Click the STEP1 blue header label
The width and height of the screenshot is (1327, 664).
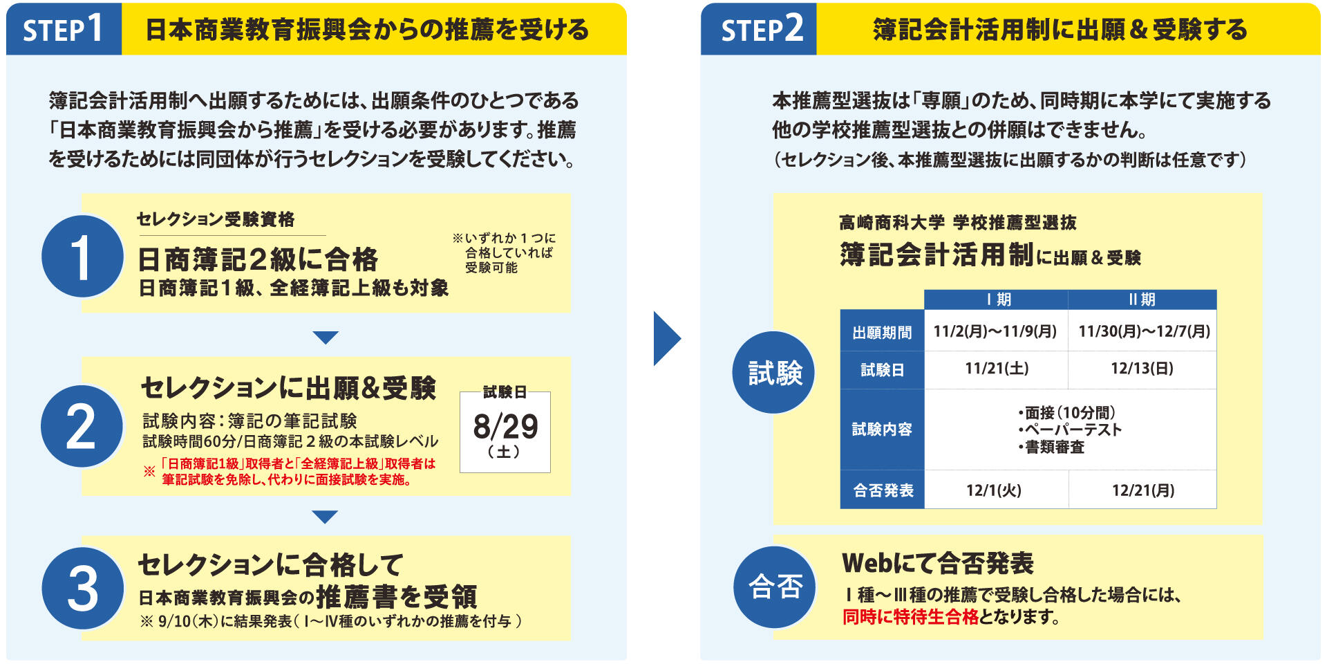64,29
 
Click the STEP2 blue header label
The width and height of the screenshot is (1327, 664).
759,29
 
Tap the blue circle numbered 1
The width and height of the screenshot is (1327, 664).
82,257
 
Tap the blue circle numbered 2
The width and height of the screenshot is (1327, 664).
82,426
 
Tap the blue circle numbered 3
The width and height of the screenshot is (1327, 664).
82,589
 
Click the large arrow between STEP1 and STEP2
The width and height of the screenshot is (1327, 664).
666,338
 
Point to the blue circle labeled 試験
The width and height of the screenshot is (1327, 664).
773,373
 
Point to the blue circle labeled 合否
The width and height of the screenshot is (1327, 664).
775,587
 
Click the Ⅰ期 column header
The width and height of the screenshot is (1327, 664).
996,299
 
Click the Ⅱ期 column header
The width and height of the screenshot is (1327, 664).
1142,299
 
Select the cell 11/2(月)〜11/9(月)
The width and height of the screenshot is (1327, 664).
995,331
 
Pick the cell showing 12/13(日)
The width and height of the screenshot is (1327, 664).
1142,369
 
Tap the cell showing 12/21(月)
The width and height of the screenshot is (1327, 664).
1142,490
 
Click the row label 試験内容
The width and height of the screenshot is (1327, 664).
882,430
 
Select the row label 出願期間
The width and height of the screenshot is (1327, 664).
882,333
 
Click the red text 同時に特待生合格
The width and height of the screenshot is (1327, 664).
910,617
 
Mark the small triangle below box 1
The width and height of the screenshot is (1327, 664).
325,338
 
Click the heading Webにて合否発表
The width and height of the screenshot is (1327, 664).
937,564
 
